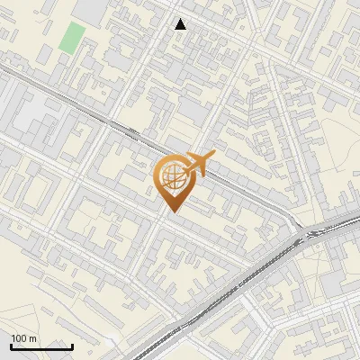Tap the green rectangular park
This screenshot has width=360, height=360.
point(71,38)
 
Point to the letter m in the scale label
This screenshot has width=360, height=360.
point(32,338)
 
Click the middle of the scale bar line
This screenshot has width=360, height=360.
point(41,346)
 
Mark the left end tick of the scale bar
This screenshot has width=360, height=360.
point(11,345)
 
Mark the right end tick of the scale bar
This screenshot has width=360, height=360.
point(72,345)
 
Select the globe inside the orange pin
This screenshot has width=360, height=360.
point(171,176)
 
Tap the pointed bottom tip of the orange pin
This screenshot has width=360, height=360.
point(171,211)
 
